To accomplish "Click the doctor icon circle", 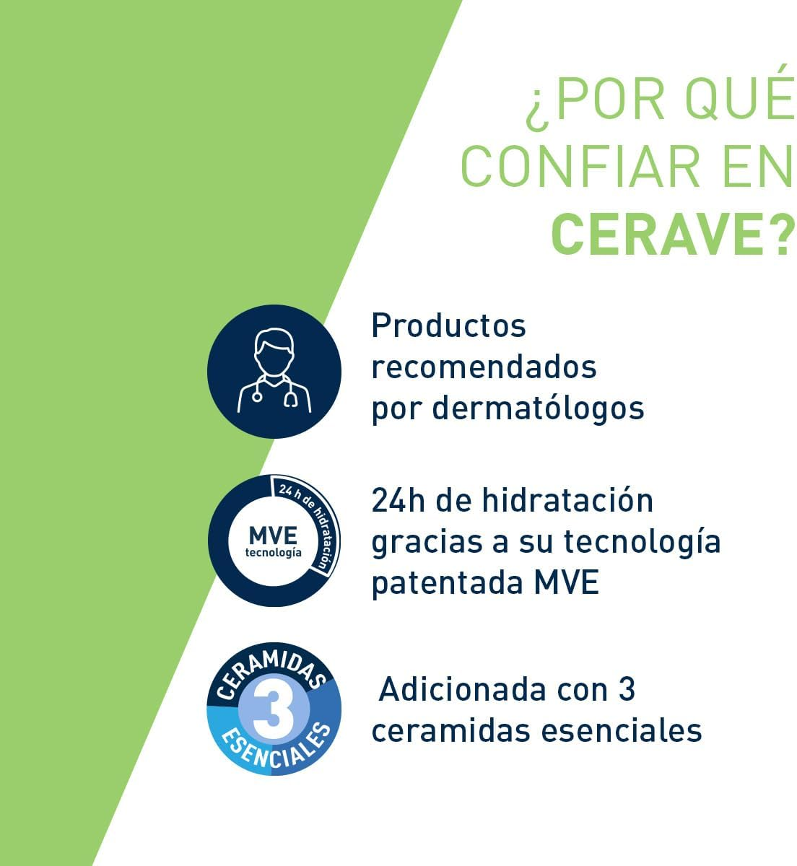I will point(274,371).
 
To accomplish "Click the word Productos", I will point(448,325).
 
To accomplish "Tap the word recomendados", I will point(484,367).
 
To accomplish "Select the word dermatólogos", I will point(538,408).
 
